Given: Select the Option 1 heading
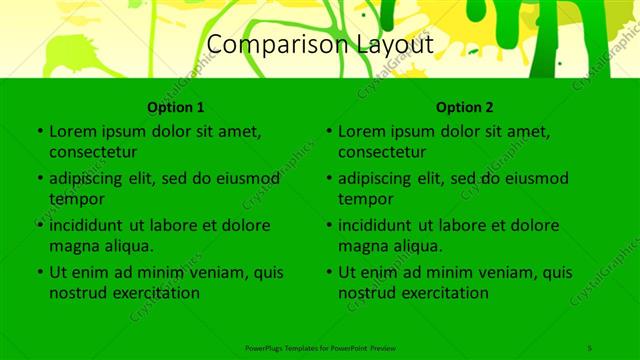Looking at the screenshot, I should [x=176, y=107].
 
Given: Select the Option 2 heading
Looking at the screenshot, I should [x=465, y=107].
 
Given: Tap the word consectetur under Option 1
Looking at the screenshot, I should [x=93, y=152].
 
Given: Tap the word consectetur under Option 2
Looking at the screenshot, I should [x=382, y=152].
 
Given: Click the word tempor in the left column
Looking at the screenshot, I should [x=74, y=199].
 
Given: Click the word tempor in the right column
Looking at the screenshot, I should [x=363, y=199].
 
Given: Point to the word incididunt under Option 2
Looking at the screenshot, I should [x=382, y=225].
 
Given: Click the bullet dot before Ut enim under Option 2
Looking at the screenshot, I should [x=328, y=272].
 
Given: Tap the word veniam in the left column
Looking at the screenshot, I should [x=213, y=272].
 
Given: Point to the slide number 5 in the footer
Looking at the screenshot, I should [x=590, y=348].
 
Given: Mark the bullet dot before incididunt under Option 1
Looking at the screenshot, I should [x=39, y=225].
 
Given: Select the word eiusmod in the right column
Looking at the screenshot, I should [x=534, y=179].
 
